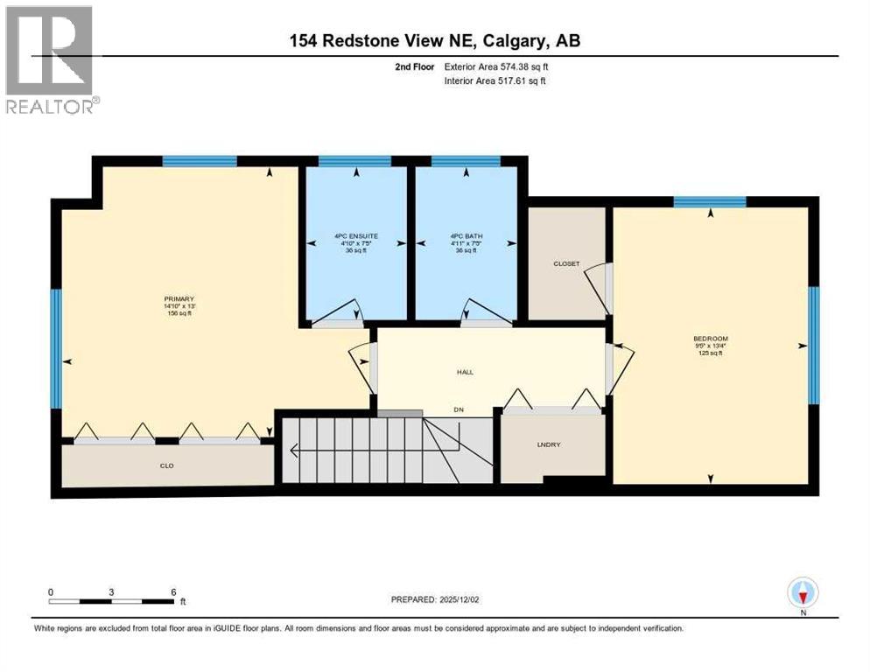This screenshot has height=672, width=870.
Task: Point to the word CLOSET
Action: click(x=566, y=263)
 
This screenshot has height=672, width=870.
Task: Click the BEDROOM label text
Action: click(x=710, y=339)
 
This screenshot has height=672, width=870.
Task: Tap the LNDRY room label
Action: click(x=549, y=445)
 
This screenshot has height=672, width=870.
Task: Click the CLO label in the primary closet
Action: click(x=166, y=465)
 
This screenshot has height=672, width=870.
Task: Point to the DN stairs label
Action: click(x=458, y=409)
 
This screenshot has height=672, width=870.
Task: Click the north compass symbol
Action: click(x=802, y=592)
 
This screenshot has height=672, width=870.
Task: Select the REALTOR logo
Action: click(x=50, y=59)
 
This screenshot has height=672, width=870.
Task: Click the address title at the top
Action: click(x=435, y=41)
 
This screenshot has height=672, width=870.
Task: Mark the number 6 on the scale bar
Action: click(x=173, y=591)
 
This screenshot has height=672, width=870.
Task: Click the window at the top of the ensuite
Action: click(x=354, y=161)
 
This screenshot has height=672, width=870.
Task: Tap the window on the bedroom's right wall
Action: click(x=813, y=345)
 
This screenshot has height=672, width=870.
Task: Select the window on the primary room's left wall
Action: click(x=56, y=348)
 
